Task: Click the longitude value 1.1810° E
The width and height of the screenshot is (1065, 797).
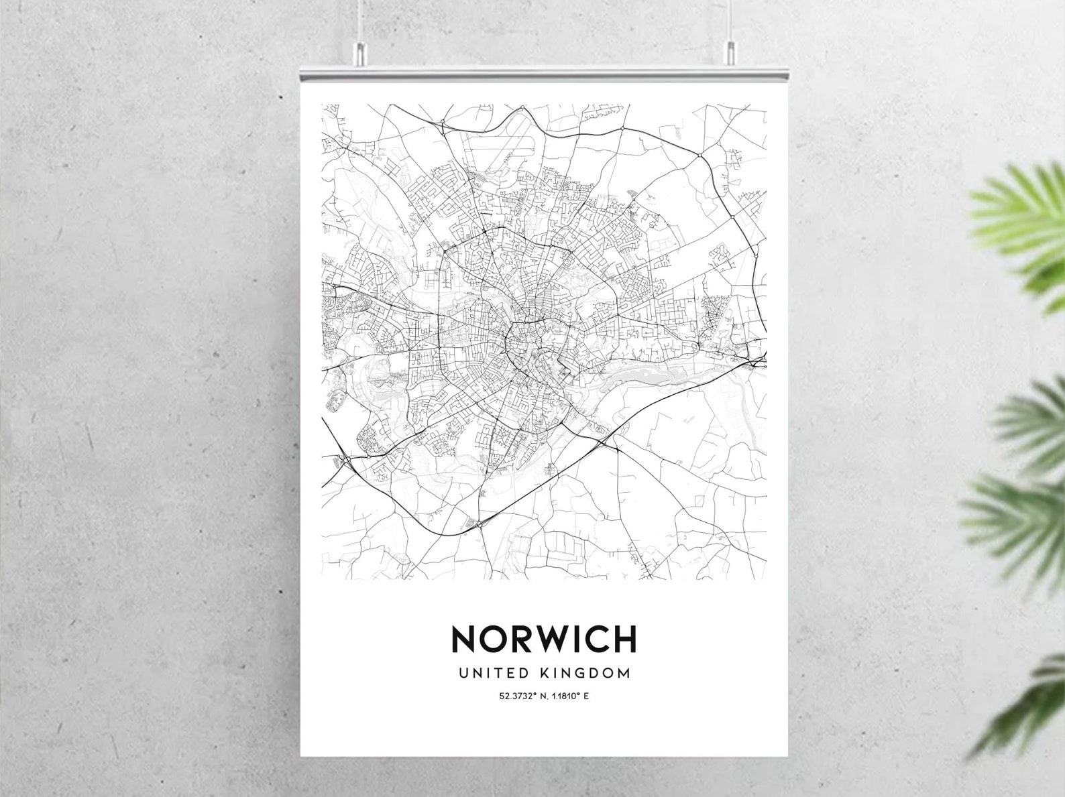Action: click(x=567, y=696)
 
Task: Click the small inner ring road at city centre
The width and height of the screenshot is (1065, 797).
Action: click(x=523, y=342)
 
